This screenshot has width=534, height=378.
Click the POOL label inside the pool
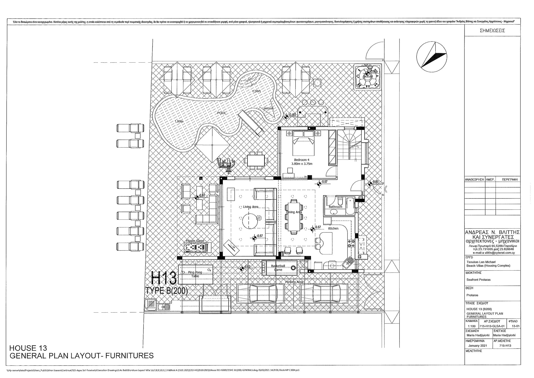coord(222,113)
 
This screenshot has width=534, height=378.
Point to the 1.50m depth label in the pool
coord(179,122)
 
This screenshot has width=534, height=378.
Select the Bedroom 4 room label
coord(301,160)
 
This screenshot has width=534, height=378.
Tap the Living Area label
coord(251,207)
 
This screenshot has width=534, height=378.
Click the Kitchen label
coord(333,229)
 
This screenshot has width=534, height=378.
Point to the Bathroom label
coord(335,207)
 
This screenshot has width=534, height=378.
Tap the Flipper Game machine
coord(197,247)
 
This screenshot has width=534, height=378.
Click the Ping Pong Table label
coord(195,274)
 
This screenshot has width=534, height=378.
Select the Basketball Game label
coord(278,268)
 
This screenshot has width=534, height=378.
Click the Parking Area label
coord(294,282)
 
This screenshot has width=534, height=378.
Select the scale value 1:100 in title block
coord(471,326)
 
